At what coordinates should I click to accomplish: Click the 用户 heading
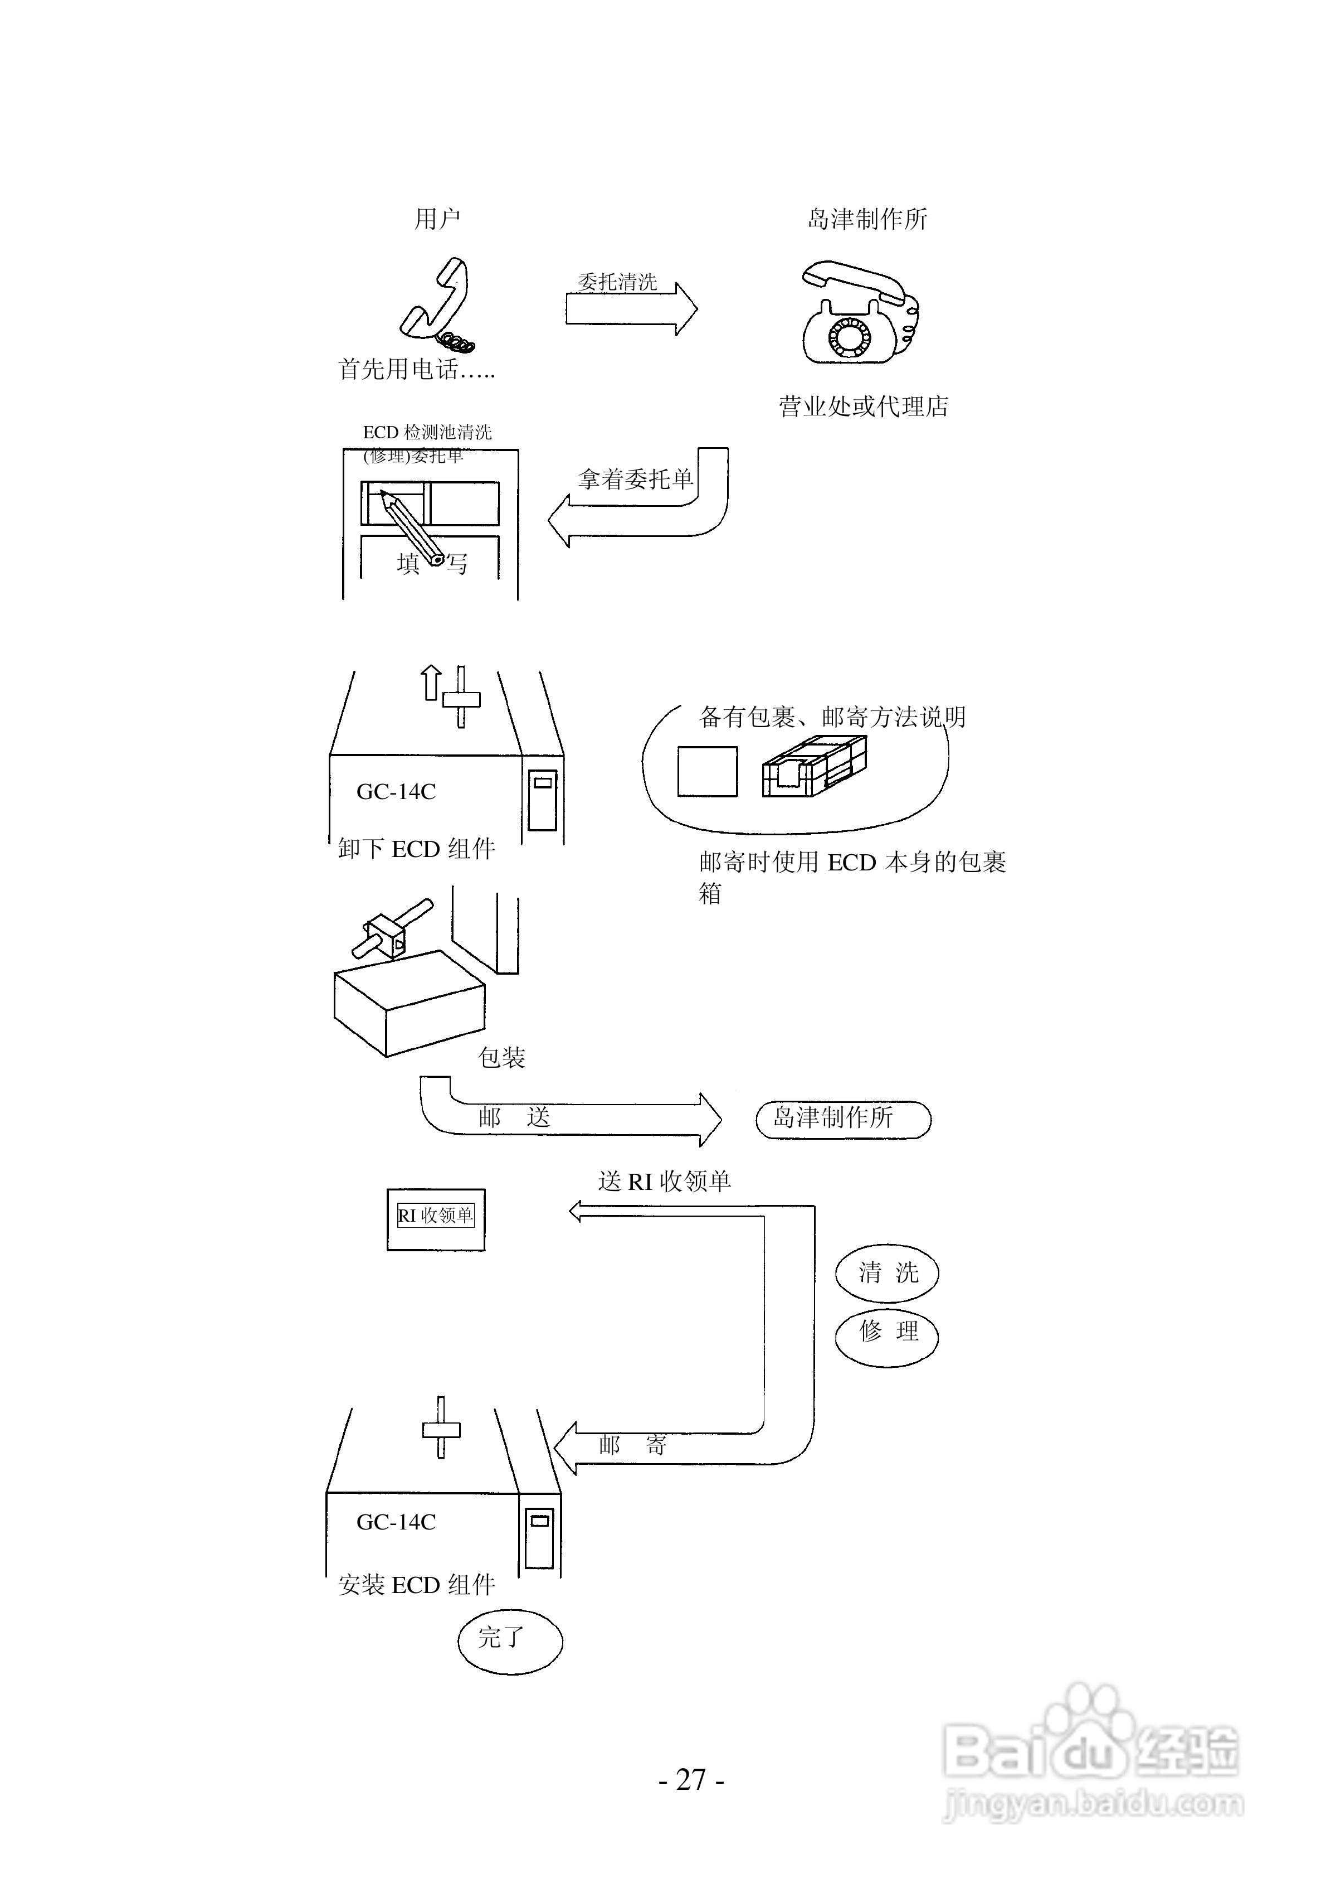[437, 219]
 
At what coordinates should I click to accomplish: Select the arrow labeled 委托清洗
[631, 309]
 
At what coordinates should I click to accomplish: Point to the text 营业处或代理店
[863, 406]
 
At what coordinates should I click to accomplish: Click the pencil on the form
[411, 527]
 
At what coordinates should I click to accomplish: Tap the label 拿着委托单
[635, 480]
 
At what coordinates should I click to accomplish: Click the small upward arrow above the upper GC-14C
[430, 683]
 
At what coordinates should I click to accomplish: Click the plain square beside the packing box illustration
[707, 771]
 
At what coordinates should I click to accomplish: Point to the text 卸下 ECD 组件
[416, 849]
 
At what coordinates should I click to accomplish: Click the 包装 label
[501, 1058]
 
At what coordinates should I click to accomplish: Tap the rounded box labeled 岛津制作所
[843, 1119]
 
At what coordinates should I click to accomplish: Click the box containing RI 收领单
[436, 1219]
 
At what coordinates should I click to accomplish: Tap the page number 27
[691, 1780]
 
